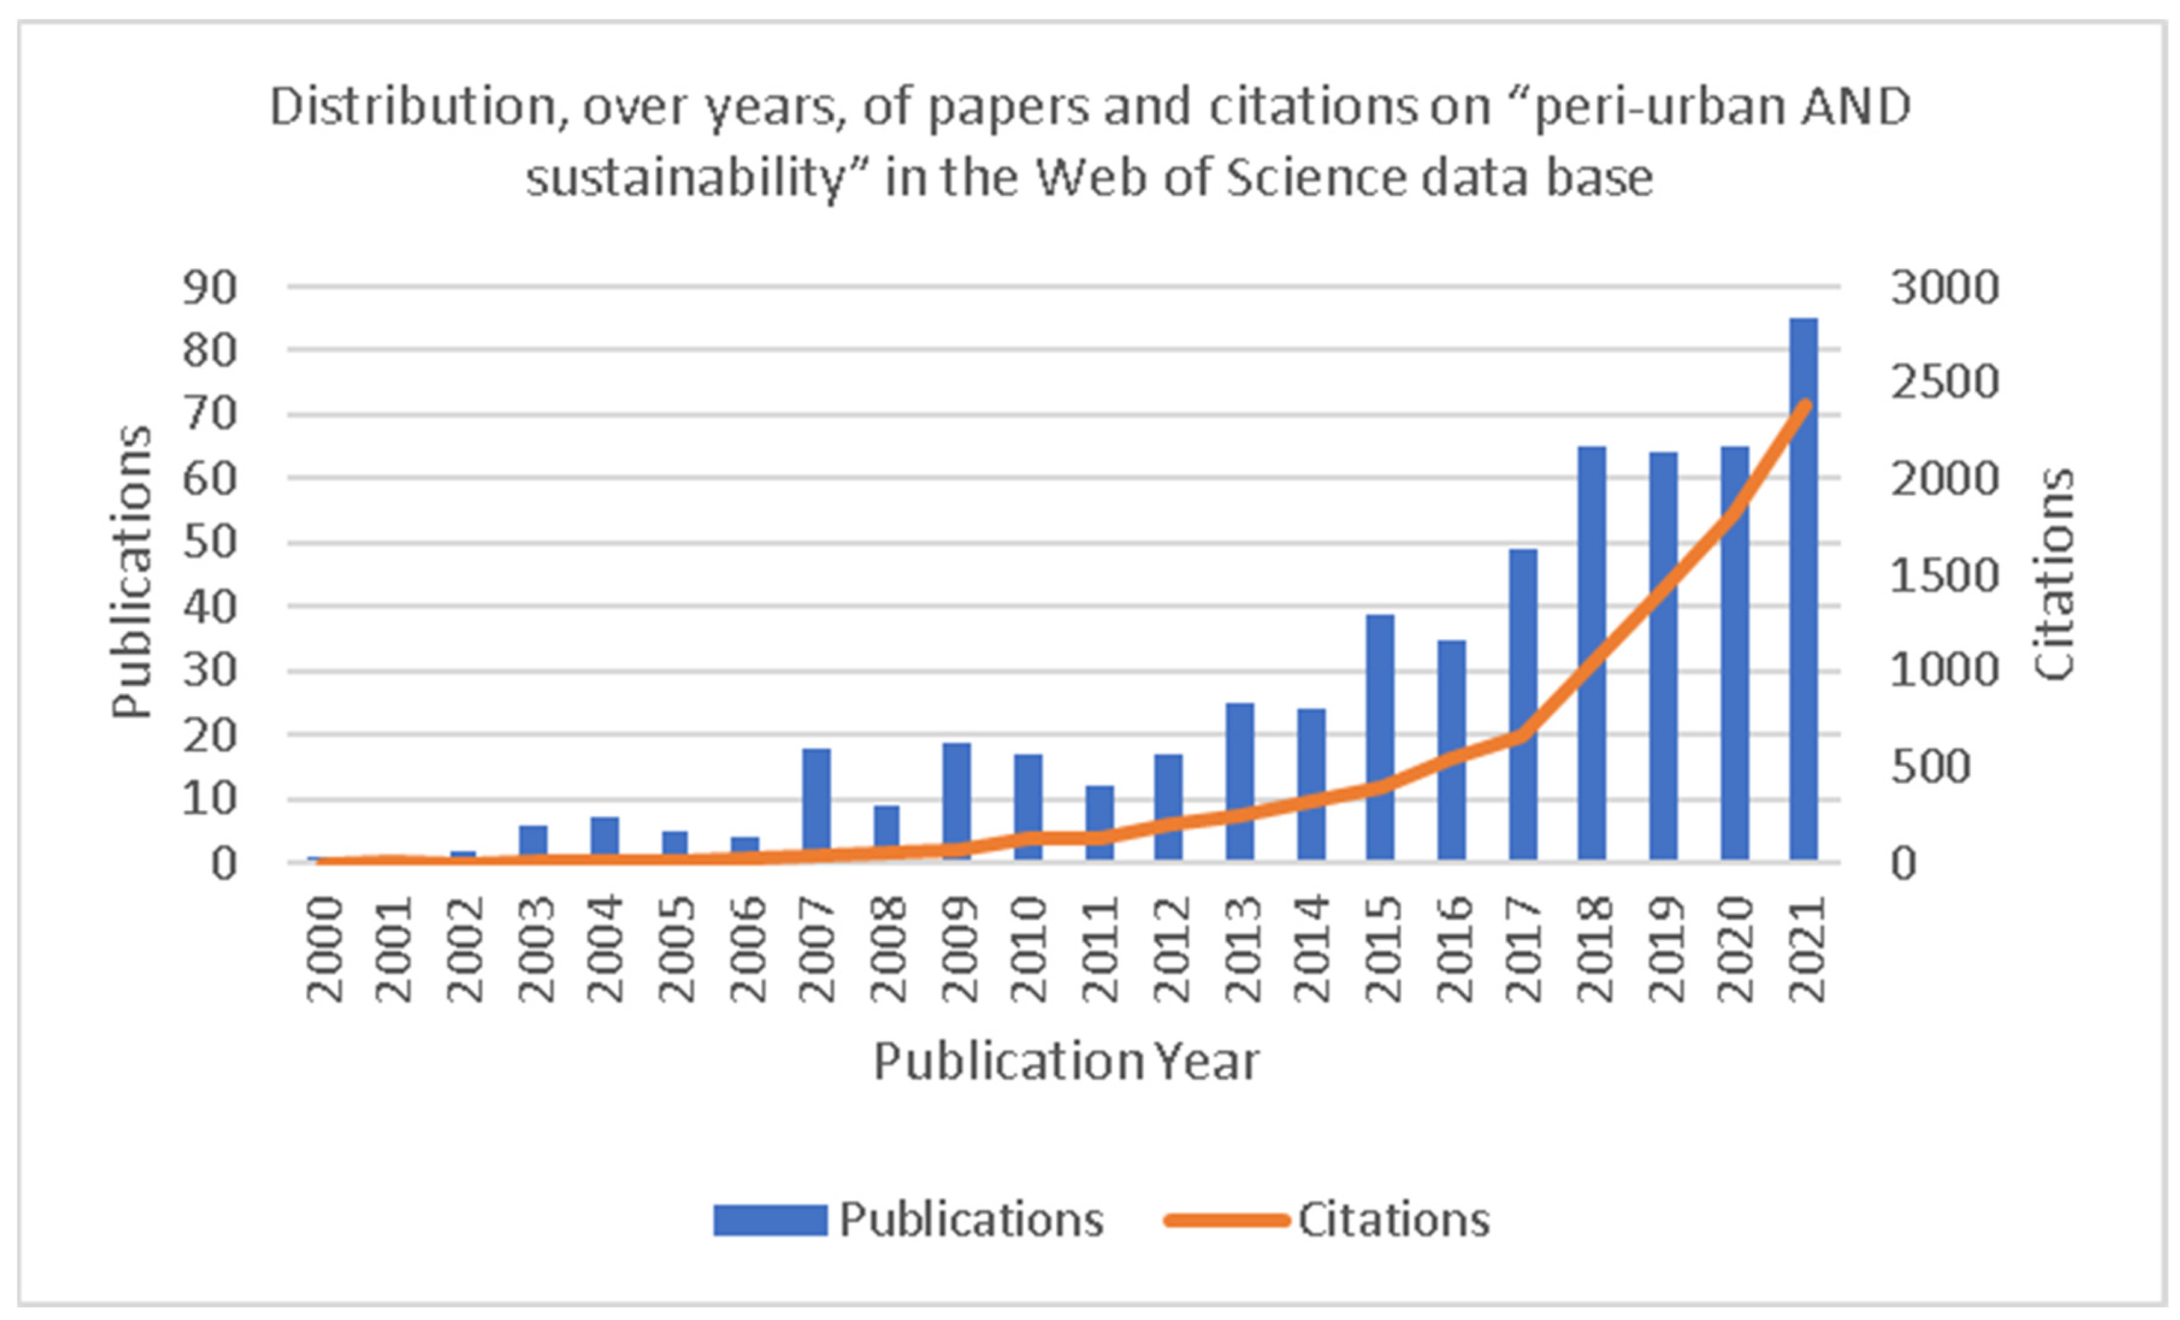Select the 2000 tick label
(x=324, y=949)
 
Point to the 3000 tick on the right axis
(x=1945, y=288)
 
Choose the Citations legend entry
(x=1328, y=1219)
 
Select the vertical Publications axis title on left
(x=132, y=572)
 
